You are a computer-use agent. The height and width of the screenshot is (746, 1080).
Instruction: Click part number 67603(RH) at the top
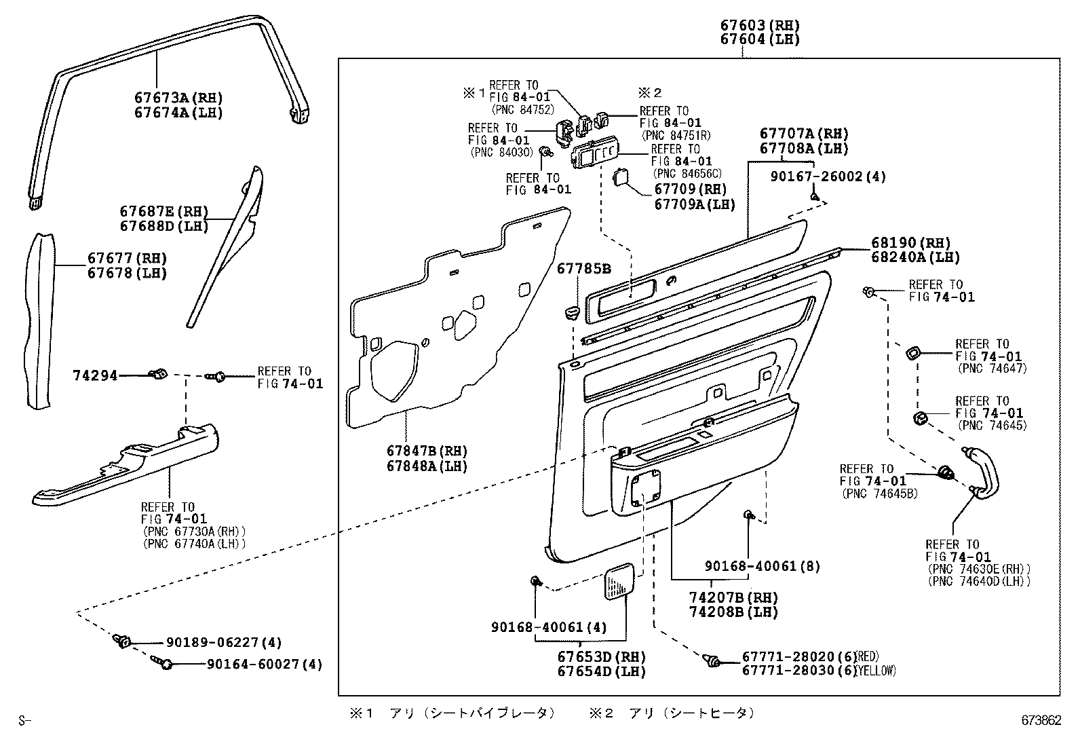759,26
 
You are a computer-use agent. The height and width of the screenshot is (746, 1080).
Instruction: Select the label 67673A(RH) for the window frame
178,98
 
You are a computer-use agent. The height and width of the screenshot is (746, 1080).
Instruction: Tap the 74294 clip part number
95,375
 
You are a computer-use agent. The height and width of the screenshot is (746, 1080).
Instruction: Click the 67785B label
583,269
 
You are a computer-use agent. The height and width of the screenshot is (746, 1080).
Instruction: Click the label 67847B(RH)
427,451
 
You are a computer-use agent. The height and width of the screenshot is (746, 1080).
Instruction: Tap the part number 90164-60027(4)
264,665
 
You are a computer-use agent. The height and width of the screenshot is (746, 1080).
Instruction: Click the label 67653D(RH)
601,656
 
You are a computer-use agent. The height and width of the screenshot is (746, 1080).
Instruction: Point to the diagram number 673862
1041,721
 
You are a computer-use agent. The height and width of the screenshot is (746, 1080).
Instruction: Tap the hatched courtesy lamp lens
621,581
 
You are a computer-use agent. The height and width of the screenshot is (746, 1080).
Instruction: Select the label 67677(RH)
127,259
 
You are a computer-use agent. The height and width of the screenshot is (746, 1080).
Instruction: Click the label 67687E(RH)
163,211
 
